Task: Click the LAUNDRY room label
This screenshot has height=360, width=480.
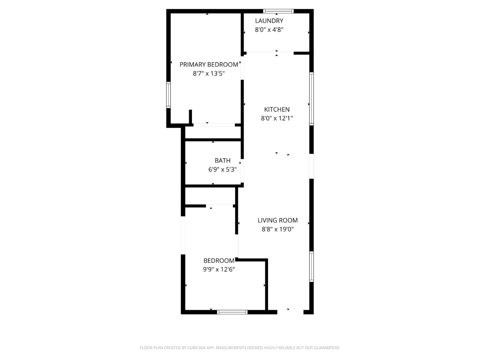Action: pos(269,21)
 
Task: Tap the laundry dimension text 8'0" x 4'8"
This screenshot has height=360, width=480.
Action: pos(269,30)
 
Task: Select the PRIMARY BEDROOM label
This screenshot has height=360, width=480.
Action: pos(209,65)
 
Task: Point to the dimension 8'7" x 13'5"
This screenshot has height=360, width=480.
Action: pos(209,74)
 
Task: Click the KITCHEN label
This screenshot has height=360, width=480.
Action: pos(277,109)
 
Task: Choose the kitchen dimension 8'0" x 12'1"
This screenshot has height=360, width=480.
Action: pos(277,118)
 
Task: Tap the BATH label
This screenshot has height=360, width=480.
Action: pos(222,161)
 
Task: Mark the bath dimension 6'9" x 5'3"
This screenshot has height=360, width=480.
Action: pos(222,170)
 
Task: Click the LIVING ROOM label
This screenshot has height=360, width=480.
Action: pos(277,220)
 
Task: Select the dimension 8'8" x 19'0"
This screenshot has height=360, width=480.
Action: pos(277,229)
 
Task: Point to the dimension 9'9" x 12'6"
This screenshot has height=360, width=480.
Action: pos(219,270)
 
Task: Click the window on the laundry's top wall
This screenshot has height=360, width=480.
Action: pos(278,11)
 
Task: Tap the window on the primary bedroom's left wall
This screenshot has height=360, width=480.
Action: pos(168,95)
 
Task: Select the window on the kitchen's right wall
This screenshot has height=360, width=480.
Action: pos(312,99)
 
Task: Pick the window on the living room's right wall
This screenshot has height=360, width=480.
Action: pos(312,267)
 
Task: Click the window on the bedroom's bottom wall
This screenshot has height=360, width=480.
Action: pos(232,312)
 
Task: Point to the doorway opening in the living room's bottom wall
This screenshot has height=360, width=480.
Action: pos(290,312)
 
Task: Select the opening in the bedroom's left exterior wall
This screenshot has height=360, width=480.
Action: pos(183,235)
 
